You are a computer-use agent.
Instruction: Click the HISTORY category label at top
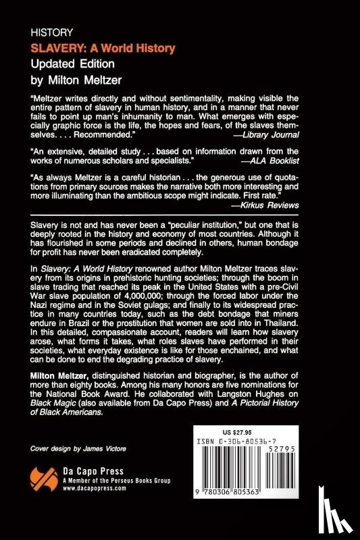52,32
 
